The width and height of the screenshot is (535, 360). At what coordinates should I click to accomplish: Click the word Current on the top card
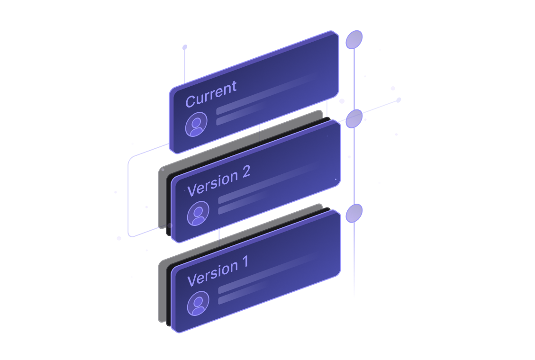click(x=210, y=94)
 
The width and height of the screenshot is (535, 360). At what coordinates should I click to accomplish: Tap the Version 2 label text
click(x=218, y=181)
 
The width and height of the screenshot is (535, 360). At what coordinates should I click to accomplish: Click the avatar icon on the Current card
click(x=196, y=125)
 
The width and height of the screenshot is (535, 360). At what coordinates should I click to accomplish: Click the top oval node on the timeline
click(x=354, y=40)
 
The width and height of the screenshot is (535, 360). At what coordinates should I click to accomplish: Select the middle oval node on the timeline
click(x=354, y=119)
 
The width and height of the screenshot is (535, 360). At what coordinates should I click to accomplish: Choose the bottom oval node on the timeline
click(x=354, y=213)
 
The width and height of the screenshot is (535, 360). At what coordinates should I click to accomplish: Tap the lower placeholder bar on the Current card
click(x=239, y=118)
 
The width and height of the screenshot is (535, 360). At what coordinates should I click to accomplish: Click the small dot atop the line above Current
click(x=185, y=47)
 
